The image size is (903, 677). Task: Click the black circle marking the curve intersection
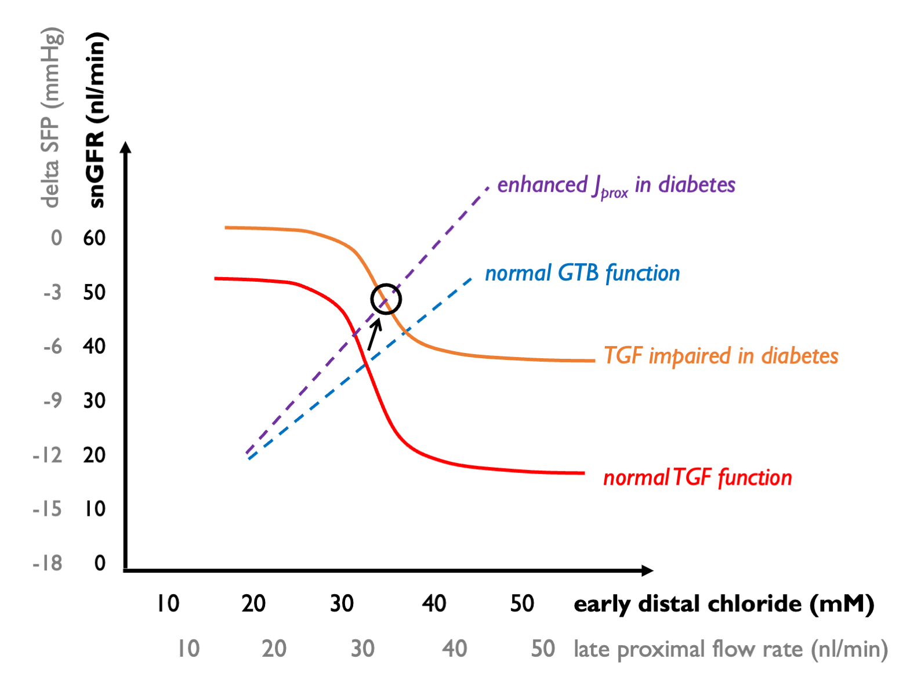pos(386,299)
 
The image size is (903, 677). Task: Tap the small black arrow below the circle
pos(374,334)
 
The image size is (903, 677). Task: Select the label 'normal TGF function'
pos(697,478)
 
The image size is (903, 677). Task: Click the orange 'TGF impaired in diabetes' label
pos(721,355)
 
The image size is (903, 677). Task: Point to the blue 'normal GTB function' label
pos(582,273)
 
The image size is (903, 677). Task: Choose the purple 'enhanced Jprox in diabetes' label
pos(616,185)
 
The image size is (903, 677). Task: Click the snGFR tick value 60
pos(94,238)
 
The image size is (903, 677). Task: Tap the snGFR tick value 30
pos(94,401)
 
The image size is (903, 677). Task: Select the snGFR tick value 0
pos(100,563)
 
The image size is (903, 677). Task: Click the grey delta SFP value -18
pos(48,563)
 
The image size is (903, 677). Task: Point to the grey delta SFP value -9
pos(52,401)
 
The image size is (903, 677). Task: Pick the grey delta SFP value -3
pos(52,292)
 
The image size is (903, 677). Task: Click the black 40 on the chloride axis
pos(434,603)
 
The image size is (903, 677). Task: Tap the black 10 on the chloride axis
pos(168,603)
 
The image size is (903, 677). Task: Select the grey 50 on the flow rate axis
pos(543,649)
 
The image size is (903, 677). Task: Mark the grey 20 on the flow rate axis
pos(274,649)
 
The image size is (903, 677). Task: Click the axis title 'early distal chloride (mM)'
pos(723,604)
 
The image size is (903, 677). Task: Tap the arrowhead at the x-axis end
pos(648,570)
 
